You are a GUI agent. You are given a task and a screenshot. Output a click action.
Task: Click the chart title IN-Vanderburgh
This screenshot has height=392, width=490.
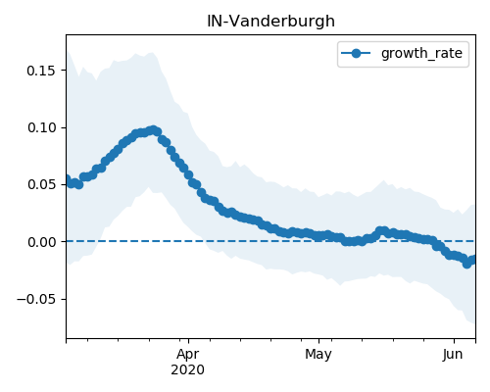270,22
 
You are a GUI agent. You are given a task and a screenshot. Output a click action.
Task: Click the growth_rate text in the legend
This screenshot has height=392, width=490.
421,53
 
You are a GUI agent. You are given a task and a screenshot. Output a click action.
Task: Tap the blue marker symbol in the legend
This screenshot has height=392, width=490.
356,53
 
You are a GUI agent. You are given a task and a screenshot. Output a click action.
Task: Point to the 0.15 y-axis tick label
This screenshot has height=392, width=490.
41,71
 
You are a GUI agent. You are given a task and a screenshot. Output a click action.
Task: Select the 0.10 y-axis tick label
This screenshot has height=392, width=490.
41,127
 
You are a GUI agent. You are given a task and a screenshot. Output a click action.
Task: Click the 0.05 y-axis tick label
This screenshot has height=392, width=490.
41,184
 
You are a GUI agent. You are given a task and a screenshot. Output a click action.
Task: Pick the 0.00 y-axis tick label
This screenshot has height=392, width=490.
41,242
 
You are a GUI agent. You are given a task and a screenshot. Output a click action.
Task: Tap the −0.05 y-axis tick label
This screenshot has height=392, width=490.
36,299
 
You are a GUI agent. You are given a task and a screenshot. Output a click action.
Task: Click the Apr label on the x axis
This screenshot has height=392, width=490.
188,355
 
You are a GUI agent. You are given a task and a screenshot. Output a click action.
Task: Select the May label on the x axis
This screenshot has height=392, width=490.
318,355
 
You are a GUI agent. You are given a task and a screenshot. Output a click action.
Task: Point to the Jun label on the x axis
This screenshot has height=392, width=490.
453,355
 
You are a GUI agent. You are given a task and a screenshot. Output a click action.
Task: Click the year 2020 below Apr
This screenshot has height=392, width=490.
188,370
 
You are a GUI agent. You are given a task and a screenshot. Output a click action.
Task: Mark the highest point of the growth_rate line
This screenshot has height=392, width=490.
153,130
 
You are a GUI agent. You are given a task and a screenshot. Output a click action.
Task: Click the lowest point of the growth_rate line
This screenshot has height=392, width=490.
467,264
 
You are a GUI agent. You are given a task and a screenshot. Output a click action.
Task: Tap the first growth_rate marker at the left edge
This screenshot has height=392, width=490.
67,179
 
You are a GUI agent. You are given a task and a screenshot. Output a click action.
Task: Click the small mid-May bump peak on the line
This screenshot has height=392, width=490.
381,230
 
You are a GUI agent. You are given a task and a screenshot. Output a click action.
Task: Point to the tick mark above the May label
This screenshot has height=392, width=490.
318,341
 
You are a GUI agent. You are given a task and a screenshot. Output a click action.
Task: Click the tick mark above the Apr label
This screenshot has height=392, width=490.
188,341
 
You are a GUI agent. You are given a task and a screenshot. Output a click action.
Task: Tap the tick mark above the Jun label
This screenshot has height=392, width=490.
454,341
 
